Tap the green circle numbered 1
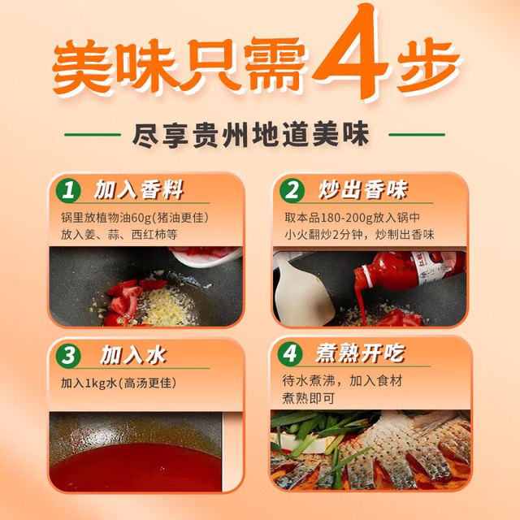pos(68,190)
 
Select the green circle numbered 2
pos(292,190)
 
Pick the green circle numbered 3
pos(68,356)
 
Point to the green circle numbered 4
pos(290,353)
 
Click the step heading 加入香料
pos(139,190)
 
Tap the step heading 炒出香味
pos(363,190)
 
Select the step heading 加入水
pos(133,355)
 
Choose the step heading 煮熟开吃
pos(361,353)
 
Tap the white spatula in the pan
pos(301,292)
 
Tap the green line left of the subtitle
pos(93,135)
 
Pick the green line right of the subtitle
pos(417,135)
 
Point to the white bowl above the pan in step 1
pos(206,256)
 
